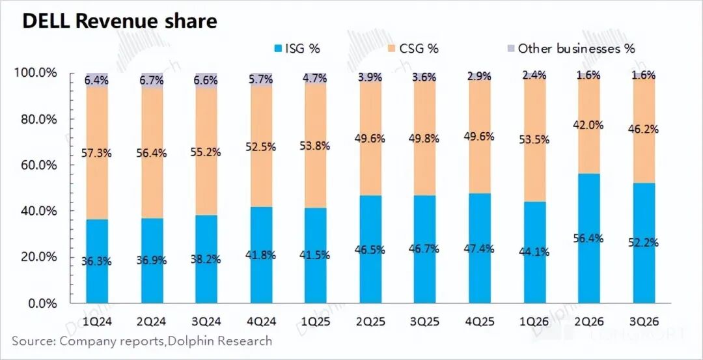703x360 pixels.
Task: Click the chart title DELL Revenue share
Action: tap(120, 21)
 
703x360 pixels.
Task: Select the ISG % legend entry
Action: tap(297, 49)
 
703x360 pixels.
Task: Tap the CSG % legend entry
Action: tap(413, 49)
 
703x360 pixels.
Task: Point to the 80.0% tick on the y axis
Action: tap(36, 120)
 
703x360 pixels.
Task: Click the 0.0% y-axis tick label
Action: tap(42, 303)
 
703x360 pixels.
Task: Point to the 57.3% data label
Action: tap(97, 154)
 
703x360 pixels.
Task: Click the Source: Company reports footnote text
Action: tap(142, 341)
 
